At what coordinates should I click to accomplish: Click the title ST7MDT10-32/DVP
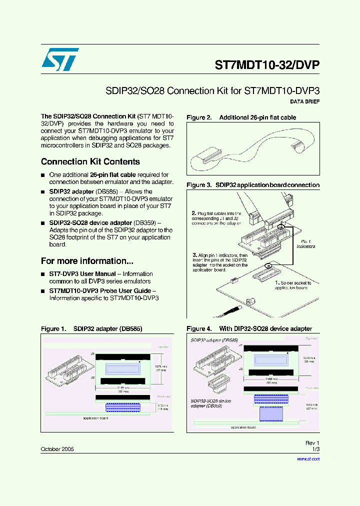[266, 65]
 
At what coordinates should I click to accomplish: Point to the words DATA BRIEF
[304, 101]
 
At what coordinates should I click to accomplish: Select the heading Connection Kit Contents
[90, 161]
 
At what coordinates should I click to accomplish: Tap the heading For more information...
[87, 261]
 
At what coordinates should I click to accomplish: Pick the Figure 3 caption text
[253, 185]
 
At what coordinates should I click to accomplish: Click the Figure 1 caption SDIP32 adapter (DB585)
[91, 329]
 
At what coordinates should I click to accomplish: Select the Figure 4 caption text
[249, 329]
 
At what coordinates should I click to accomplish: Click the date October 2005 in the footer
[57, 449]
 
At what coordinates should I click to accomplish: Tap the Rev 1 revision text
[312, 443]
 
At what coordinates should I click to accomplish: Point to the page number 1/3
[315, 449]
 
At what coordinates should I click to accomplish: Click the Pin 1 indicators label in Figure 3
[305, 244]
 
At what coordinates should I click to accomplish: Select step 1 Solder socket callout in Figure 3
[293, 285]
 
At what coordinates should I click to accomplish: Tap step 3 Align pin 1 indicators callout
[220, 262]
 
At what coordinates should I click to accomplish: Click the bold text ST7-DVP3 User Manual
[82, 274]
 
